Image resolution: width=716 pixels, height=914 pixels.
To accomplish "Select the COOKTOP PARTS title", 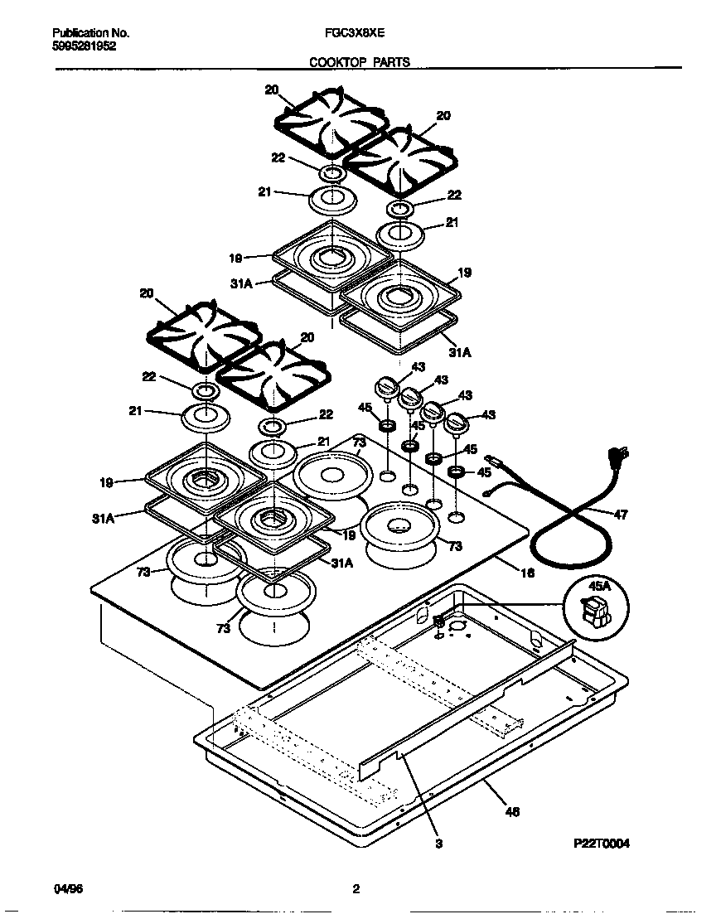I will (x=360, y=61).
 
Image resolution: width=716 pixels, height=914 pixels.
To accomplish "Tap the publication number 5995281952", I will (x=84, y=46).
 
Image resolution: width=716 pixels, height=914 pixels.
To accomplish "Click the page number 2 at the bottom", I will (x=356, y=889).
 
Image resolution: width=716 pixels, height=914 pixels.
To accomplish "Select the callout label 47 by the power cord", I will (x=621, y=515).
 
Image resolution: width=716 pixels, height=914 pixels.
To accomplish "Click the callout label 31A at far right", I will (x=461, y=351).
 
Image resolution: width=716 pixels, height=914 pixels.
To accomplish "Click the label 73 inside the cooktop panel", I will (x=358, y=444).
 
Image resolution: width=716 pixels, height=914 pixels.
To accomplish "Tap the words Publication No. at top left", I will (x=90, y=34).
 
